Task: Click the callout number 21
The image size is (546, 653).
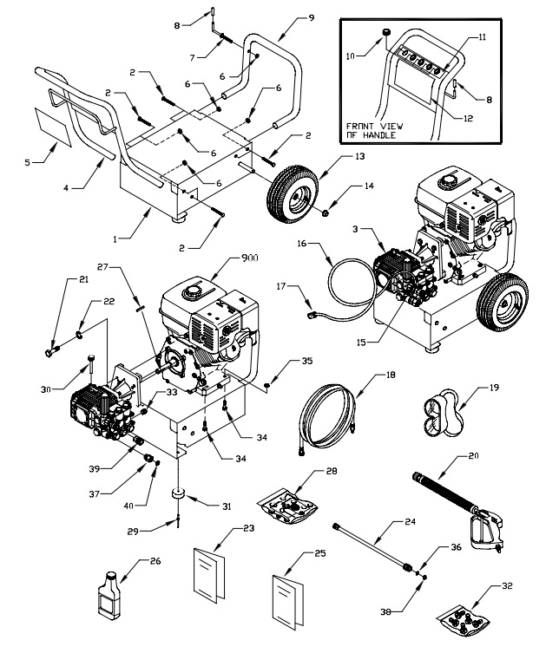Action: (60, 279)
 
